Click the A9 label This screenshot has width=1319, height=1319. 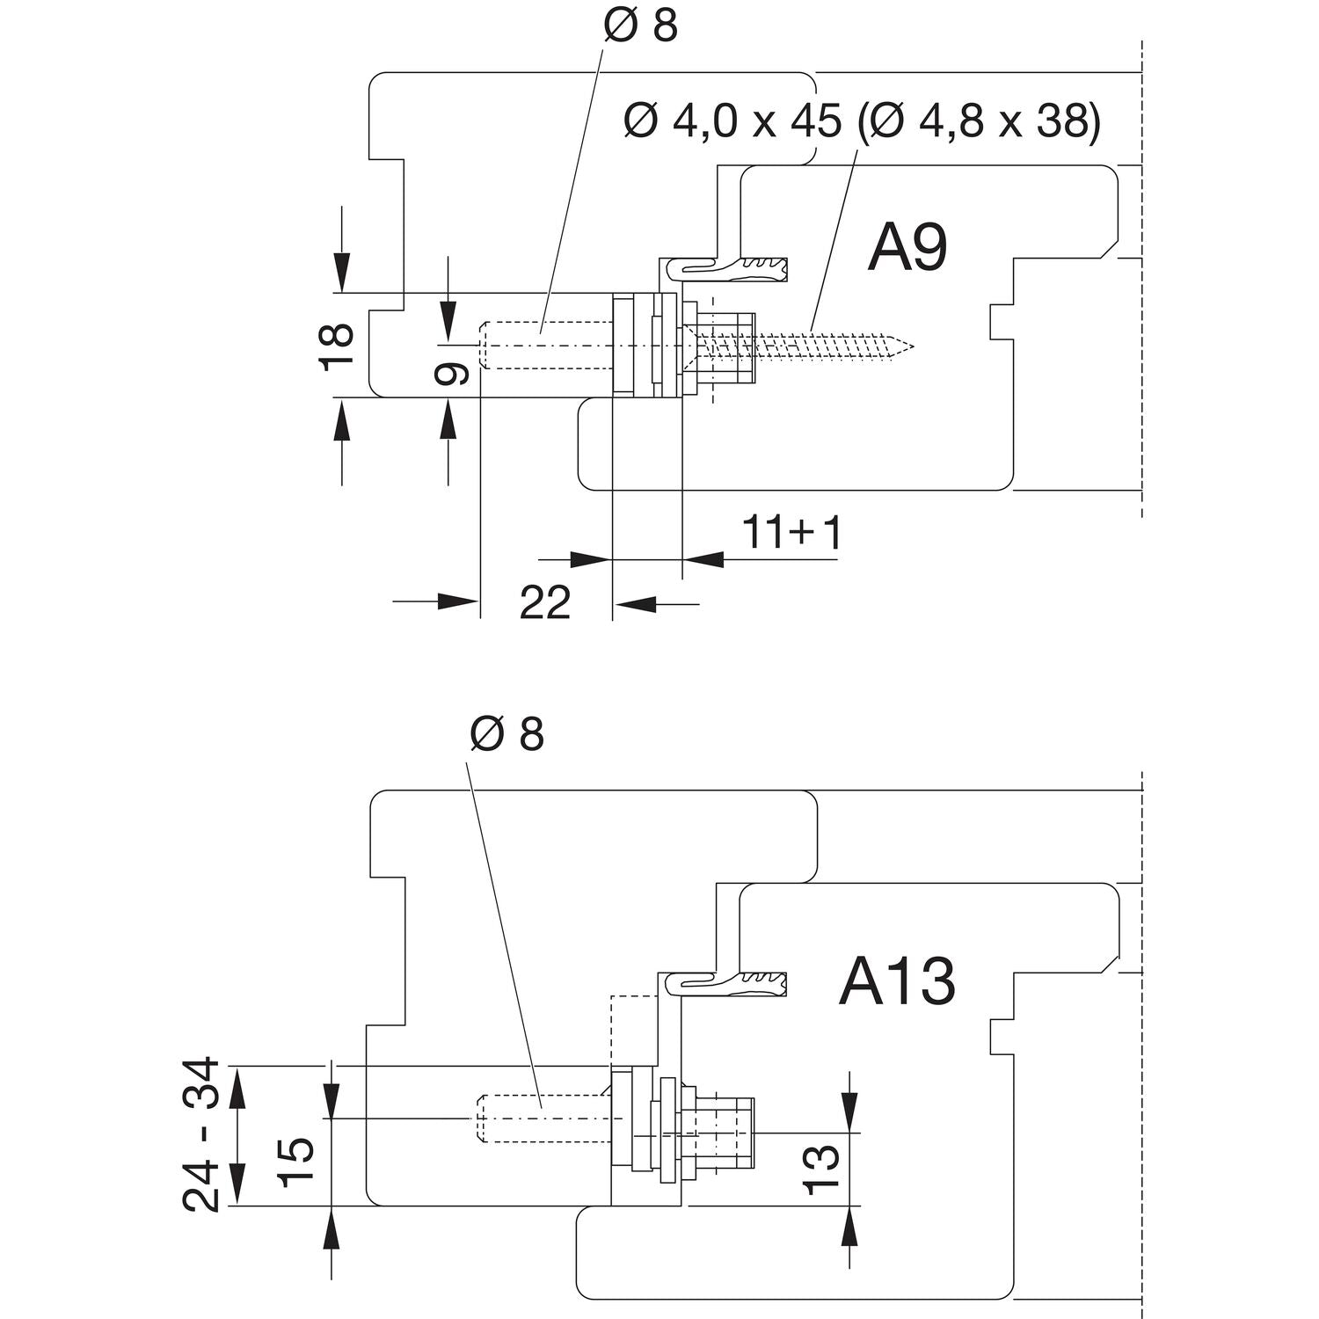tap(907, 249)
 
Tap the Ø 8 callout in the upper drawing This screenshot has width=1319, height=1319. tap(640, 26)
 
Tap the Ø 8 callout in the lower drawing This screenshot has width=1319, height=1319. tap(506, 733)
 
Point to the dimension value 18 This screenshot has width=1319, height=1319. tap(337, 345)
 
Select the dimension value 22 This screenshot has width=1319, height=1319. tap(545, 603)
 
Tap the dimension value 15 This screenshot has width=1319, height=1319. tap(296, 1162)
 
